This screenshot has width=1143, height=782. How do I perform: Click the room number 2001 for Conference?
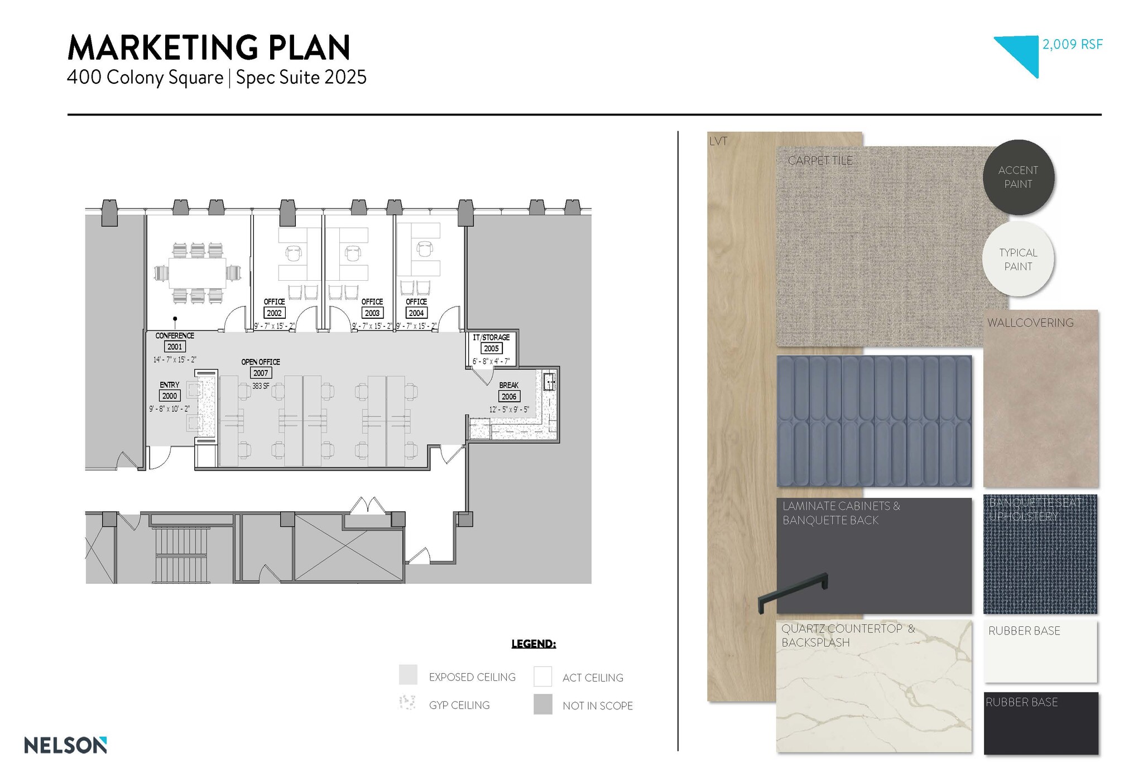(x=175, y=347)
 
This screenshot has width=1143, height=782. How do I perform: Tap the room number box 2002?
(x=274, y=313)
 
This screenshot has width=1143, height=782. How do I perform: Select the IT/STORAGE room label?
(x=491, y=337)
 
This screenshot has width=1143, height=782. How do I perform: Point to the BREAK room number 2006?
(x=508, y=396)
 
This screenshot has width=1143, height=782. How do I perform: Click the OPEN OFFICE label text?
(x=261, y=362)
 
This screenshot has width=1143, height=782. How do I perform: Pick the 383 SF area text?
(x=261, y=386)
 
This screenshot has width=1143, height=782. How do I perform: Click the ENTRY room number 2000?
(x=169, y=396)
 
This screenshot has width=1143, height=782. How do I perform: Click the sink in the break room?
(x=549, y=381)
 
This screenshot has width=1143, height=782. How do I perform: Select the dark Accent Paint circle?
(x=1018, y=177)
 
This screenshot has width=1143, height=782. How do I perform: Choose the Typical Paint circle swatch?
(x=1018, y=259)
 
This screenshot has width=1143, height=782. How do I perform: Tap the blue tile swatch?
(x=873, y=421)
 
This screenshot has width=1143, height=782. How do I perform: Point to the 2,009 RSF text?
(x=1072, y=45)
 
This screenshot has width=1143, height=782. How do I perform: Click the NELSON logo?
(x=65, y=745)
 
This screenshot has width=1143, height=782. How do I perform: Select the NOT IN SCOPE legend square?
(x=542, y=704)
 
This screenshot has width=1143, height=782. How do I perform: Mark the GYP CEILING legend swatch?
(x=408, y=703)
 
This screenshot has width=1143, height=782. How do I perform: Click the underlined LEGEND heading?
(x=534, y=644)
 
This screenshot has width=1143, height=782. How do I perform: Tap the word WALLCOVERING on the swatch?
(x=1030, y=323)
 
